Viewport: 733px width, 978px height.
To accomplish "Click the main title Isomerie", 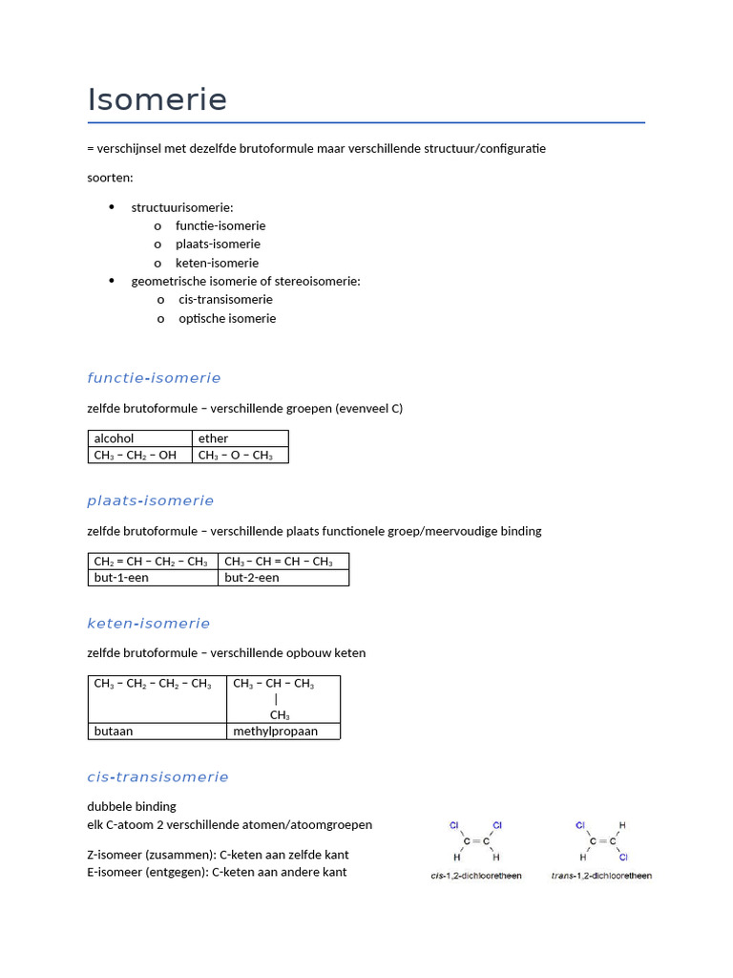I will (x=157, y=99).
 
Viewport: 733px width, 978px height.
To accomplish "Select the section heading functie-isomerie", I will (x=154, y=378).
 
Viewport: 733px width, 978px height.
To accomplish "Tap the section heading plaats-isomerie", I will (x=151, y=500).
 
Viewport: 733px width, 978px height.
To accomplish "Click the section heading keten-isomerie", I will (x=148, y=624).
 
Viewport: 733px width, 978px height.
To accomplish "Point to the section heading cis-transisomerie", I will (x=157, y=776).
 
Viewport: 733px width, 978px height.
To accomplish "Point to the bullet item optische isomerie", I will (x=227, y=318).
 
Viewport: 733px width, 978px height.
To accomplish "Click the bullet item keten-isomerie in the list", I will (x=217, y=263).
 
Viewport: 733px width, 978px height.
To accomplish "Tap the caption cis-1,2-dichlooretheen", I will (x=476, y=876).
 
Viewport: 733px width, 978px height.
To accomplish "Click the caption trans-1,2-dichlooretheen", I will (x=601, y=876).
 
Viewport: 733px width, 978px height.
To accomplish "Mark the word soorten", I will (x=111, y=178).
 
